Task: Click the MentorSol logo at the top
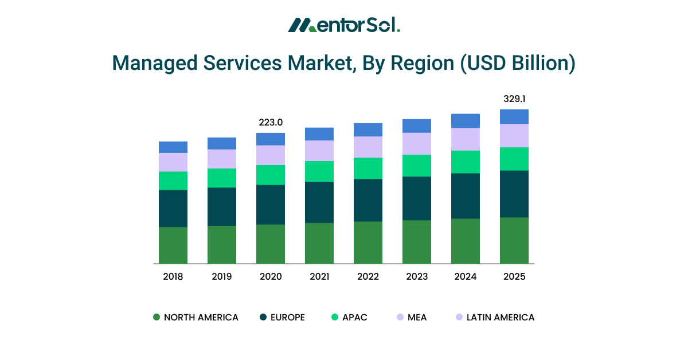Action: click(x=344, y=25)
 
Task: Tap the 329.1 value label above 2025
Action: click(x=514, y=99)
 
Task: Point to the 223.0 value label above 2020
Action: click(x=271, y=122)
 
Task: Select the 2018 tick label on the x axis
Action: click(x=173, y=276)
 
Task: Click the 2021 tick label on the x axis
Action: click(x=319, y=276)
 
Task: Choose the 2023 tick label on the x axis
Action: click(x=417, y=276)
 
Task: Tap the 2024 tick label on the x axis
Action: click(x=466, y=276)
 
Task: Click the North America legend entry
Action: click(x=196, y=317)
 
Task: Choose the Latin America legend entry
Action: click(x=494, y=317)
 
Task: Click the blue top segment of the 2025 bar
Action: click(x=514, y=116)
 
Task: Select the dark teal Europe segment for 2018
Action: click(x=173, y=208)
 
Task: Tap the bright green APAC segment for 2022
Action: click(x=368, y=168)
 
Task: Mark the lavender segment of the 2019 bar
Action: click(x=222, y=159)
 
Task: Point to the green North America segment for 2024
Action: click(x=466, y=241)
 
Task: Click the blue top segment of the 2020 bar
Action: click(x=271, y=139)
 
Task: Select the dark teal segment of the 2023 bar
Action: click(x=417, y=198)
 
